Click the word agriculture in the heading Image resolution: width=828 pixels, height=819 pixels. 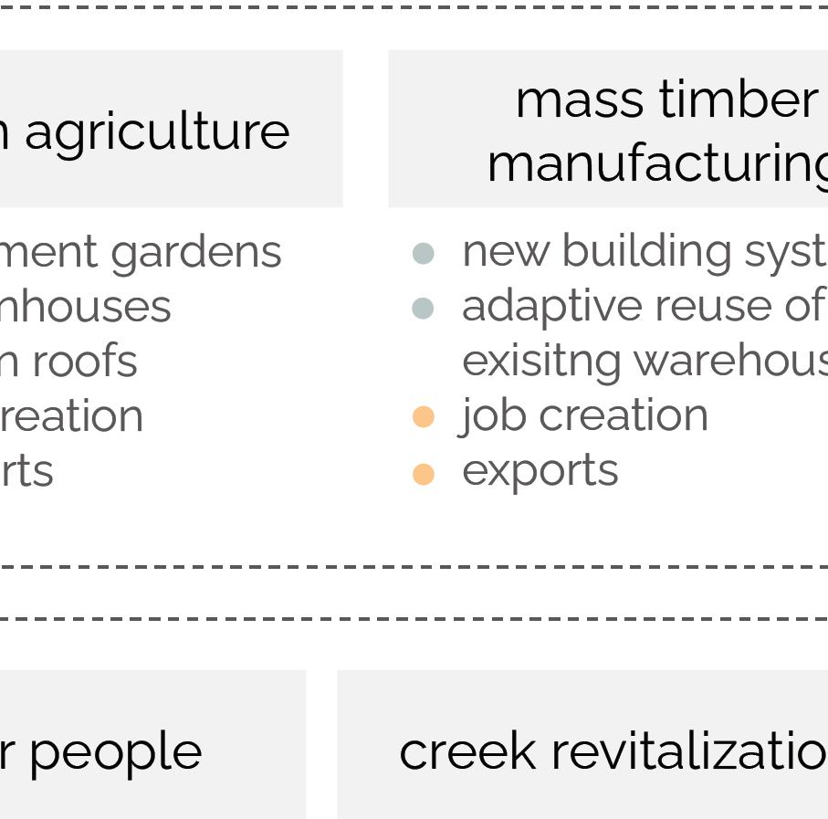pos(157,132)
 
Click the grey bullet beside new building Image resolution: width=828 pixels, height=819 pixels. pos(423,254)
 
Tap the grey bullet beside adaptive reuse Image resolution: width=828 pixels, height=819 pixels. pos(423,309)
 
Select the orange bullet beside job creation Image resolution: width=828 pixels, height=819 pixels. pos(423,417)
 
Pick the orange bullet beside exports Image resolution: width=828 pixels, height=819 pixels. pos(423,474)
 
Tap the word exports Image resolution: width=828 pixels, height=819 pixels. pos(540,472)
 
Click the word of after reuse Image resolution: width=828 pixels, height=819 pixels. pos(803,306)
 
